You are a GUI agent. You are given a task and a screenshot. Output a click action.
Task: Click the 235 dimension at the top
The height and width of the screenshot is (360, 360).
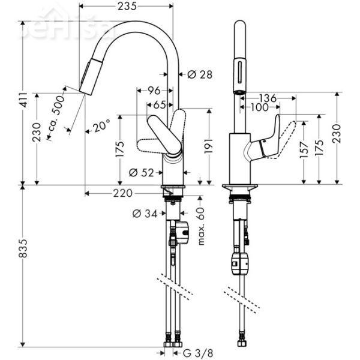[x=127, y=6]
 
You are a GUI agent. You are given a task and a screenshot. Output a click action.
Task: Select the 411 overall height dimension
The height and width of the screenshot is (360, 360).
[x=23, y=103]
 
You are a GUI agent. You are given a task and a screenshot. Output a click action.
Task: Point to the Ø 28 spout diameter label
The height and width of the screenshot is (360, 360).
[x=200, y=75]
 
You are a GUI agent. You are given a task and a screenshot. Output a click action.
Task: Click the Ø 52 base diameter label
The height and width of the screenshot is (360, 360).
[x=142, y=173]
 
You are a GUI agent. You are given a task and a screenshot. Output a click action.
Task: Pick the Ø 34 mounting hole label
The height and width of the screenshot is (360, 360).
[x=145, y=212]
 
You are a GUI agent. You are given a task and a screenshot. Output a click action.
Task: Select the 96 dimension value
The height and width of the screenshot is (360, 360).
[x=154, y=91]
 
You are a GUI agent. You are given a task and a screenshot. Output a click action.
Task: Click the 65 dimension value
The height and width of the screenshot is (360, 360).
[x=159, y=104]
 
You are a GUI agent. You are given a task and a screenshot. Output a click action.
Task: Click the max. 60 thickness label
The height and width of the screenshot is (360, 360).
[x=200, y=226]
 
